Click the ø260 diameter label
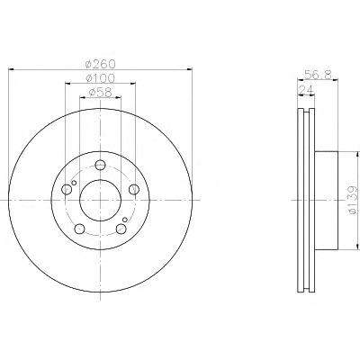coord(100,64)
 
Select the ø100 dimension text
coord(100,78)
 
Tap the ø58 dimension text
coord(100,93)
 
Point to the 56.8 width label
coord(318,75)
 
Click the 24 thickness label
coord(306,89)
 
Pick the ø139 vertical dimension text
coord(354,200)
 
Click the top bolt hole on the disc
coord(100,165)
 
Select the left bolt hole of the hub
coord(67,189)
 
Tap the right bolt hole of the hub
coord(134,189)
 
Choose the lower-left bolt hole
coord(79,229)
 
